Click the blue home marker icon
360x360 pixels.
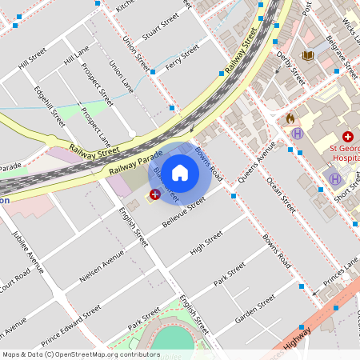coord(180,173)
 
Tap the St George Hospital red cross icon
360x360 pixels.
coord(348,138)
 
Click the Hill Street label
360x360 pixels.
coord(34,56)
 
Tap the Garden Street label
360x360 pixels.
coord(255,307)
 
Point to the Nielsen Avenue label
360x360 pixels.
coord(102,266)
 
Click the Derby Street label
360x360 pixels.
coord(291,67)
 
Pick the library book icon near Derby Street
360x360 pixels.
coord(308,55)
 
